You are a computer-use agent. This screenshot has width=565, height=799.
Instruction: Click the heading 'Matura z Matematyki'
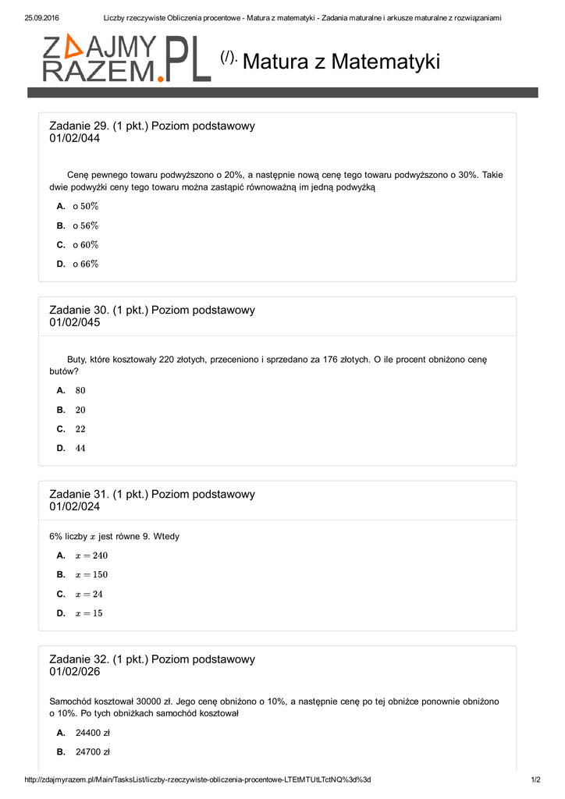(x=341, y=62)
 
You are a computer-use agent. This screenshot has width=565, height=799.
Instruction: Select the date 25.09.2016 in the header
(x=42, y=18)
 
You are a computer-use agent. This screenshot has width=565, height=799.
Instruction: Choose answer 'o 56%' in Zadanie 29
(x=86, y=225)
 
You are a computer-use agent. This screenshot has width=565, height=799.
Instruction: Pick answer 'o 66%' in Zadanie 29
(x=86, y=264)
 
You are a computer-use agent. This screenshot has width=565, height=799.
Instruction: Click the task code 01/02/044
(x=75, y=138)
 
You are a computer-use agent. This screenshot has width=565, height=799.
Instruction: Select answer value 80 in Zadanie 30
(x=80, y=390)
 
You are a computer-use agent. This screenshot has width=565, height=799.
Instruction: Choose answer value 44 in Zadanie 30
(x=80, y=448)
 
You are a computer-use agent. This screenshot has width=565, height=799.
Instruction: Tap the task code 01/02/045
(x=75, y=322)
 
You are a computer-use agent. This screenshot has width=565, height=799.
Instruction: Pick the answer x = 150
(x=91, y=574)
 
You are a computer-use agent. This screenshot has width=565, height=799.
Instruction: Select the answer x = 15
(x=89, y=613)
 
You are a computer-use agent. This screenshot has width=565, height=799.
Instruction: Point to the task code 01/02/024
(x=75, y=506)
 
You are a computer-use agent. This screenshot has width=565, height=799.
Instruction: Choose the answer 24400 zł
(x=93, y=733)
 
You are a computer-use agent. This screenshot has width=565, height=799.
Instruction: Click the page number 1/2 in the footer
(x=535, y=779)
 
